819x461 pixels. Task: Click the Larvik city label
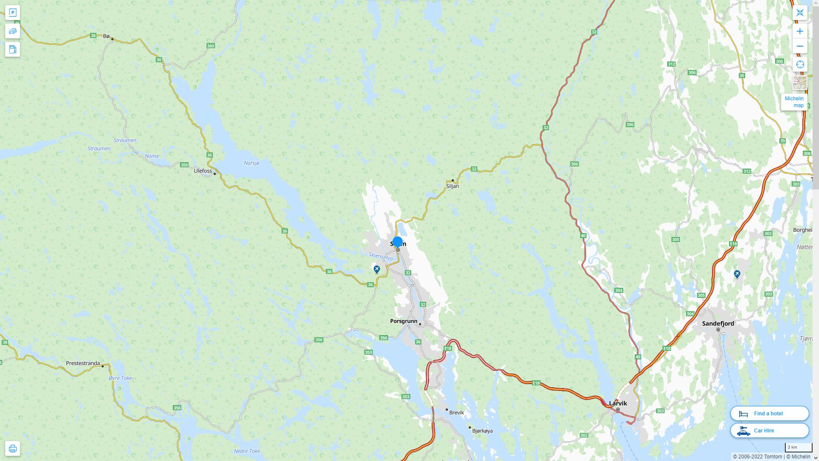pyautogui.click(x=618, y=403)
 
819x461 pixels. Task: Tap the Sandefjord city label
pyautogui.click(x=718, y=323)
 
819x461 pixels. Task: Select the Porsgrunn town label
pyautogui.click(x=404, y=321)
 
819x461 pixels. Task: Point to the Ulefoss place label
pyautogui.click(x=203, y=171)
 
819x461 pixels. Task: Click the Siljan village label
pyautogui.click(x=453, y=186)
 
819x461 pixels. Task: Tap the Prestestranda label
pyautogui.click(x=83, y=363)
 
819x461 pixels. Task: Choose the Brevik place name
pyautogui.click(x=456, y=412)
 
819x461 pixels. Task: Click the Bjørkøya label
pyautogui.click(x=482, y=431)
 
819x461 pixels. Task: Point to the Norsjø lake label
pyautogui.click(x=251, y=163)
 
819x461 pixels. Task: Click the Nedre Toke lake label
pyautogui.click(x=247, y=451)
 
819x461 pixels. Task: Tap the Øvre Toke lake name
pyautogui.click(x=120, y=378)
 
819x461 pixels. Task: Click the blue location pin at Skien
pyautogui.click(x=398, y=242)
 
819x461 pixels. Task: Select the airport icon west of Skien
pyautogui.click(x=377, y=269)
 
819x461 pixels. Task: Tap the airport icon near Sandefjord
pyautogui.click(x=737, y=274)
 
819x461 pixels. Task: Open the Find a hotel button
pyautogui.click(x=769, y=413)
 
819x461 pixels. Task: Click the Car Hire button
pyautogui.click(x=769, y=430)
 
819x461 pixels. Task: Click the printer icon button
pyautogui.click(x=12, y=448)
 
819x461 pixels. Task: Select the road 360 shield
pyautogui.click(x=210, y=46)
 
